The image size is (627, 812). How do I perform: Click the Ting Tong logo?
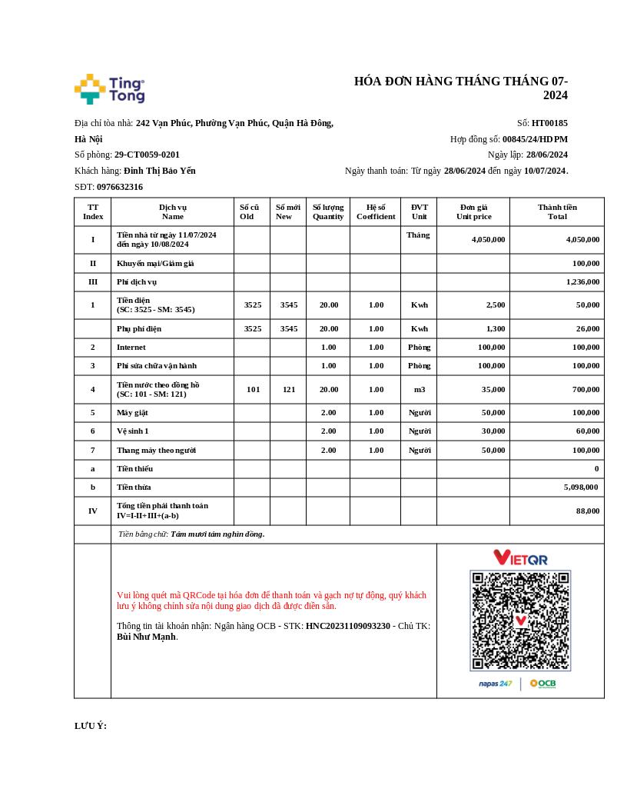109,89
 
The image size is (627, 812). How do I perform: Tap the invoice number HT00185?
549,123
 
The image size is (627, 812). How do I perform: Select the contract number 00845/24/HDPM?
535,139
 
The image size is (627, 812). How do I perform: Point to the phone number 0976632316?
120,187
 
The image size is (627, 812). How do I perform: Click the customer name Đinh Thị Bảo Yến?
160,171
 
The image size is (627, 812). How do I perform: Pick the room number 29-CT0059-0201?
147,155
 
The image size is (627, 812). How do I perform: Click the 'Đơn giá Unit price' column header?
473,211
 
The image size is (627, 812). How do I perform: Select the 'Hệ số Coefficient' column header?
376,211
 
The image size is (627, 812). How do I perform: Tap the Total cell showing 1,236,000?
582,282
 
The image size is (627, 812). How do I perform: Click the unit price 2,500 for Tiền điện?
496,305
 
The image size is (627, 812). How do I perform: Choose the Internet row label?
131,348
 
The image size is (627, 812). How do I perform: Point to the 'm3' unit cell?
419,390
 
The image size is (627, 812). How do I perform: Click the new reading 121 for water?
288,390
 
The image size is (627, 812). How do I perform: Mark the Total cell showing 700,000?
584,390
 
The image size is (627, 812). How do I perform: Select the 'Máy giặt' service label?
132,413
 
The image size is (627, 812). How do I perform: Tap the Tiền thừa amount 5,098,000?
582,488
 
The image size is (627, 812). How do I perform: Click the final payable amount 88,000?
588,511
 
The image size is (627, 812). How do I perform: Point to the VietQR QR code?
520,620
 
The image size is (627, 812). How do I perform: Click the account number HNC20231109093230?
348,626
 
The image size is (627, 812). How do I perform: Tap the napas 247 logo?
495,684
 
